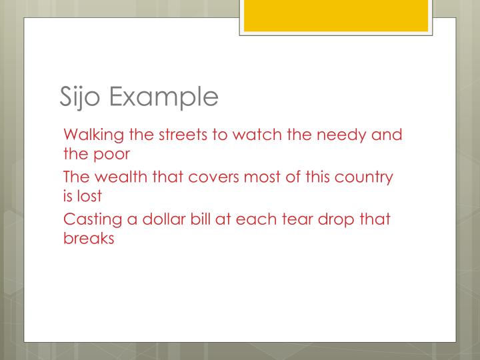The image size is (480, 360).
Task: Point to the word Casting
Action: coord(91,221)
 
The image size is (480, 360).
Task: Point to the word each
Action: coord(245,220)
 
